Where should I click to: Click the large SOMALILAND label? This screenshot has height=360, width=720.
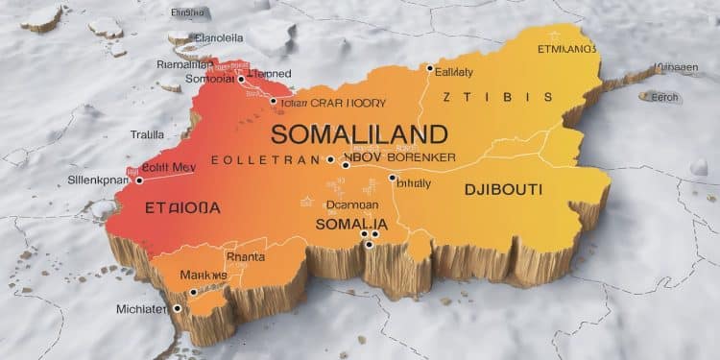[x=359, y=132]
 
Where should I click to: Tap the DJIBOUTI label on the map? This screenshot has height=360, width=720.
[x=504, y=189]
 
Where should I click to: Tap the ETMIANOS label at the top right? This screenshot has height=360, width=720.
[x=565, y=47]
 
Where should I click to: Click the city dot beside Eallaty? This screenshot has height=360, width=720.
[x=430, y=68]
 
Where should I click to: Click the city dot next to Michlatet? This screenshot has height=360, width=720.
[x=178, y=308]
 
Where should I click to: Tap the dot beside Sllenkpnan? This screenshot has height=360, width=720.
[x=139, y=180]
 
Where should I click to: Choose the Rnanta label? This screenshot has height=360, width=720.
[x=244, y=256]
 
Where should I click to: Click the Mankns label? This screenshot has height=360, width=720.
[x=204, y=276]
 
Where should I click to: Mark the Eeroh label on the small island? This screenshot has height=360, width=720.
[x=664, y=97]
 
